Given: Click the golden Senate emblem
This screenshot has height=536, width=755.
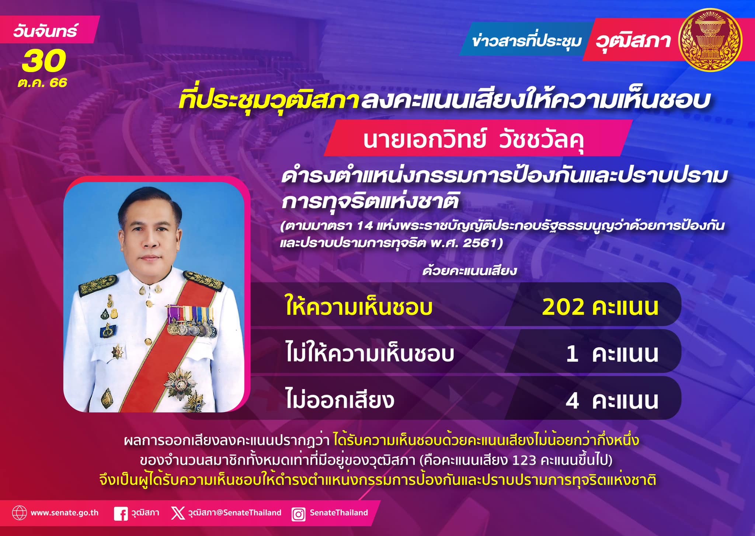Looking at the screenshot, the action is (x=711, y=41).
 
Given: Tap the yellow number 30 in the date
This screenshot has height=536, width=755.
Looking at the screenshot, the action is (x=44, y=62).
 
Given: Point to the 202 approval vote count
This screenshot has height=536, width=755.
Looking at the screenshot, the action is (x=558, y=307).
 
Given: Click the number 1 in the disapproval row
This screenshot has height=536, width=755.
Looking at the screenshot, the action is (x=572, y=354).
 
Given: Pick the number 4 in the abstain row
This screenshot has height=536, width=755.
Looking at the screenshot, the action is (x=572, y=401).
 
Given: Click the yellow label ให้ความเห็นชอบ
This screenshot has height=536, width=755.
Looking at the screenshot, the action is (x=359, y=307).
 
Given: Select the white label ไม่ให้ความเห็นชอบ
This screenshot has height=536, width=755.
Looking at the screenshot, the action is (x=370, y=353).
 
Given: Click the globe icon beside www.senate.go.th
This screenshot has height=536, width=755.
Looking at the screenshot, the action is (x=19, y=513).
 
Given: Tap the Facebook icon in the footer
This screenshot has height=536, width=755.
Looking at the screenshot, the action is (x=121, y=514).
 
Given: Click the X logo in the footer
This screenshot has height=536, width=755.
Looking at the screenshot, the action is (x=178, y=513).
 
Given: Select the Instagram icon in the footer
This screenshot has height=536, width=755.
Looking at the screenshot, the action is (x=298, y=514).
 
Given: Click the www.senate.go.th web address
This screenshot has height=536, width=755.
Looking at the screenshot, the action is (x=65, y=513).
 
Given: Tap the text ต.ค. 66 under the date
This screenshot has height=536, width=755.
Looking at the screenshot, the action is (x=42, y=83).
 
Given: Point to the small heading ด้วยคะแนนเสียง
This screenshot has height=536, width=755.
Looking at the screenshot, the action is (x=470, y=271).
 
